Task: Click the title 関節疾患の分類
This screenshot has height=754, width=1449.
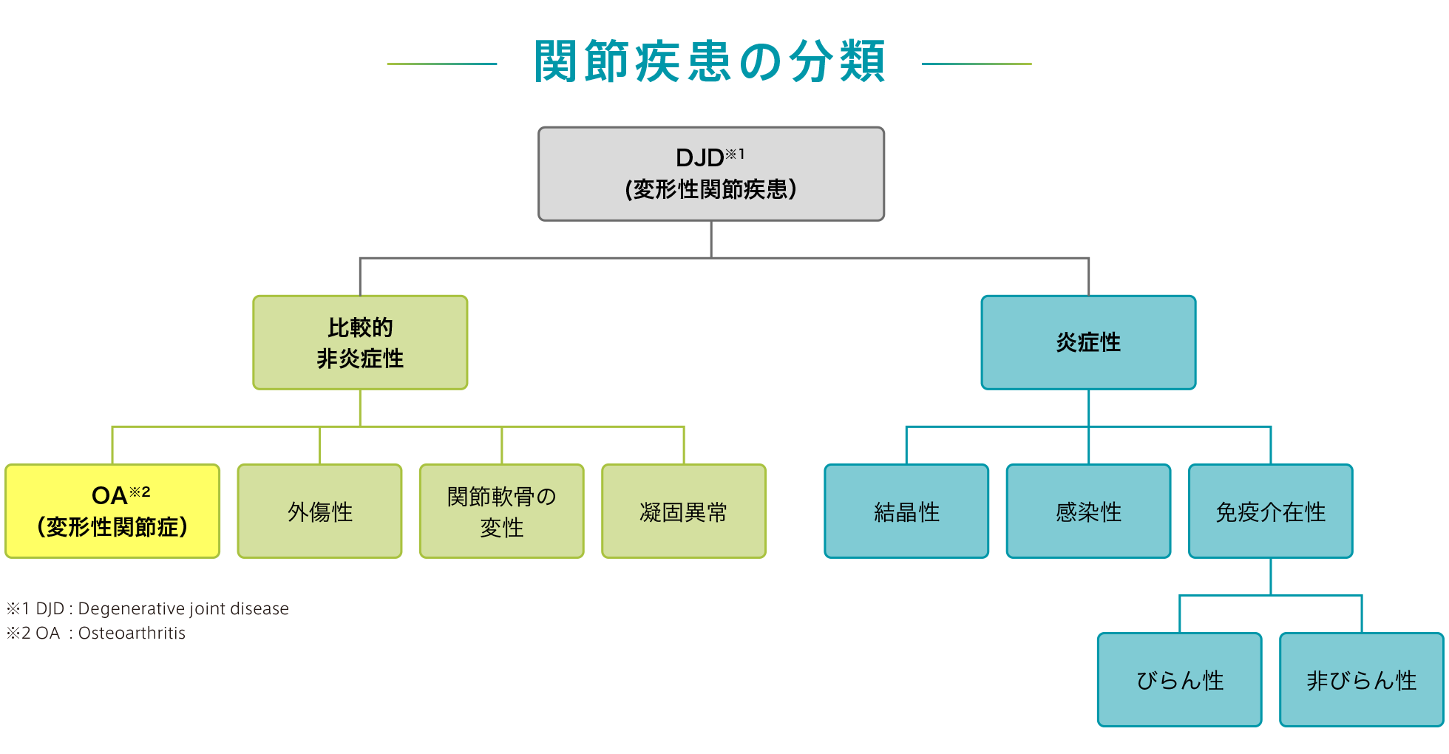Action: pyautogui.click(x=709, y=62)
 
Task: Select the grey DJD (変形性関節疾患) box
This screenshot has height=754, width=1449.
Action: pyautogui.click(x=710, y=174)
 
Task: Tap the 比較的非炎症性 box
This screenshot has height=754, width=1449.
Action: pyautogui.click(x=360, y=342)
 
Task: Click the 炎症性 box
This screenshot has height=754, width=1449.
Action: pyautogui.click(x=1087, y=342)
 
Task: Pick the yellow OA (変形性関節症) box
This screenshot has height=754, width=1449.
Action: pyautogui.click(x=112, y=511)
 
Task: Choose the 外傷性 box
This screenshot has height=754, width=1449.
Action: pyautogui.click(x=319, y=511)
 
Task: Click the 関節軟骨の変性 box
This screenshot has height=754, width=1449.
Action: pyautogui.click(x=501, y=511)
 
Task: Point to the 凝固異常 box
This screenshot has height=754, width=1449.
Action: pyautogui.click(x=683, y=511)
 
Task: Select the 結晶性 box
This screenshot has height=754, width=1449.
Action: pyautogui.click(x=906, y=511)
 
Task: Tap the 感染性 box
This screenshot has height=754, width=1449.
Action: pyautogui.click(x=1088, y=511)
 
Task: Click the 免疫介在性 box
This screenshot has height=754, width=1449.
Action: pyautogui.click(x=1270, y=511)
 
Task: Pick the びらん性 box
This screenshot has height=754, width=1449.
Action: pyautogui.click(x=1179, y=679)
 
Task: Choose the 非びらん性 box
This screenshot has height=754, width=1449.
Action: pyautogui.click(x=1361, y=679)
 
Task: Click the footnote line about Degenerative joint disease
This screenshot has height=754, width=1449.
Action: pyautogui.click(x=148, y=608)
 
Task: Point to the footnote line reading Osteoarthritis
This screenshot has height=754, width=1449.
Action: pyautogui.click(x=96, y=633)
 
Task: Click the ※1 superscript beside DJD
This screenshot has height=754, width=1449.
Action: pyautogui.click(x=734, y=154)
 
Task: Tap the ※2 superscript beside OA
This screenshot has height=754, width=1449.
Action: pyautogui.click(x=140, y=492)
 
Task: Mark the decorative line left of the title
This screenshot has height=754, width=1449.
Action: pyautogui.click(x=441, y=64)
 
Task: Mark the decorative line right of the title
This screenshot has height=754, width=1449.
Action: pyautogui.click(x=976, y=64)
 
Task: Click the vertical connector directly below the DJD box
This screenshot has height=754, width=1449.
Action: pyautogui.click(x=710, y=239)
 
